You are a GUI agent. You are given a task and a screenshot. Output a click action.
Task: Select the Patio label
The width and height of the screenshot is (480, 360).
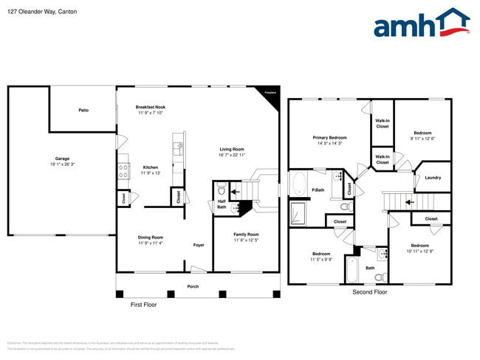point(83,111)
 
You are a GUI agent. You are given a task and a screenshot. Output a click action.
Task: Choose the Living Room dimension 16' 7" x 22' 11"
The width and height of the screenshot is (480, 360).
point(231,155)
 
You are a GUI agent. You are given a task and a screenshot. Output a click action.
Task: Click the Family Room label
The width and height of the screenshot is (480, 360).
point(246,235)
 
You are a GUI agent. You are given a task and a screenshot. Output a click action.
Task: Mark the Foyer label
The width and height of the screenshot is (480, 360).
point(199,245)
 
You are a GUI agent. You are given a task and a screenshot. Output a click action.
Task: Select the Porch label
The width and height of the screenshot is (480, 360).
point(193,286)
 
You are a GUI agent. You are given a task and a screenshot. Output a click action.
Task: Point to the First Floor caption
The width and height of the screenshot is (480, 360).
point(143,304)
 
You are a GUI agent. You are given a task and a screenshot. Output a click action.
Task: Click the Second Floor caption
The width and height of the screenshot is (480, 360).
point(369,292)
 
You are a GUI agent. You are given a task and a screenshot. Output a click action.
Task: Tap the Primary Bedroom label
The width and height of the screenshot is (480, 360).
point(329,137)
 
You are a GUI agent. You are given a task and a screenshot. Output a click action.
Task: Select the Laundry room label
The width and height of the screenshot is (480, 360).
point(433,177)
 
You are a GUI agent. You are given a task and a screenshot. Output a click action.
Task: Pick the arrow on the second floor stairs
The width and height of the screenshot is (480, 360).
point(410,201)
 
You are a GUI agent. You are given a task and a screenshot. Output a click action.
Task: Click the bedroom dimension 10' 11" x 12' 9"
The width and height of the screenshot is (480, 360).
point(419,252)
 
